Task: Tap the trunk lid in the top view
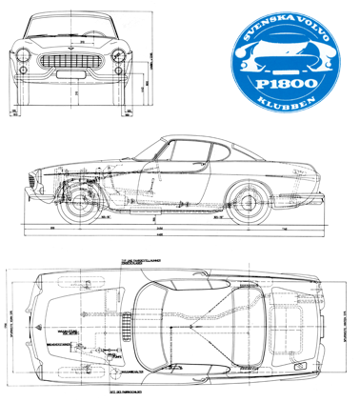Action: [295, 314]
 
